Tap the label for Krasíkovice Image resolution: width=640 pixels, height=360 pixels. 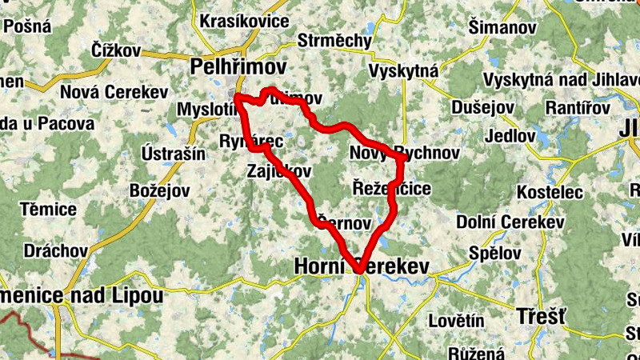[x=244, y=21]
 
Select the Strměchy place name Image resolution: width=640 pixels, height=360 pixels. [x=334, y=40]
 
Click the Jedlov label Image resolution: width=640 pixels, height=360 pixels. [x=509, y=135]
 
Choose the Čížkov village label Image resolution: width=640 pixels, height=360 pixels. [x=115, y=50]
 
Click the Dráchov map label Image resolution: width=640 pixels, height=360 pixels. [x=56, y=250]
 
